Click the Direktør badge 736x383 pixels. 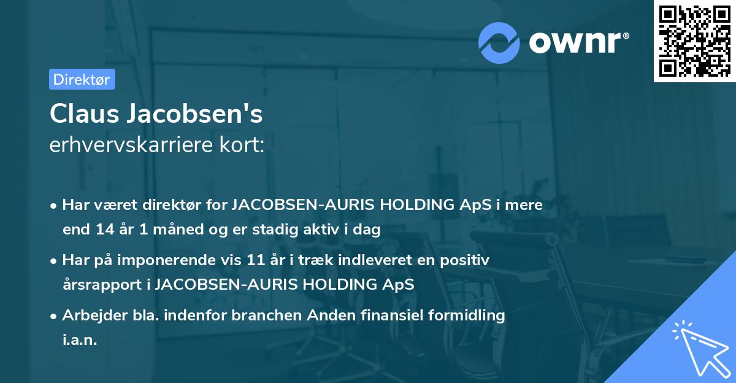pyautogui.click(x=82, y=79)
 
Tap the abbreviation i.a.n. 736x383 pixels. pyautogui.click(x=80, y=340)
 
